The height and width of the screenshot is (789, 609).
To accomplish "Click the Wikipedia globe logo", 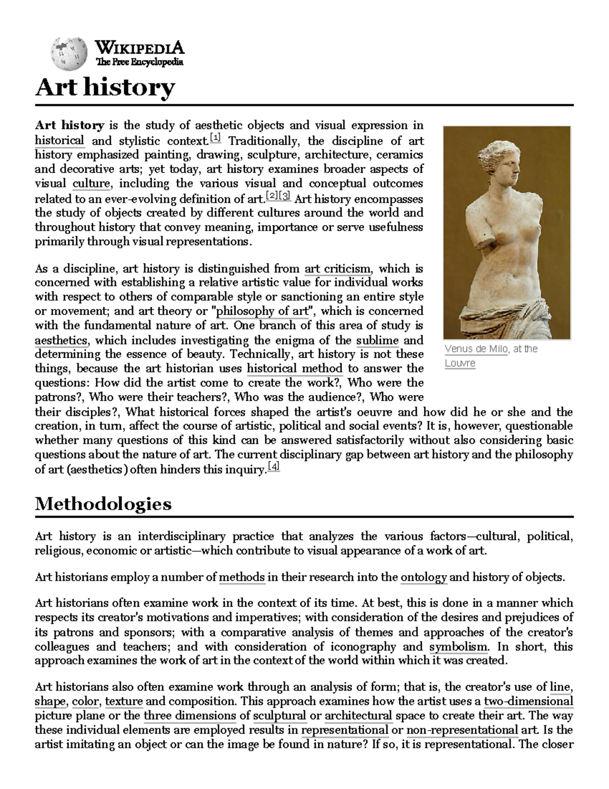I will (69, 53).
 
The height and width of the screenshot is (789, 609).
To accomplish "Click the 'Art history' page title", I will (105, 87).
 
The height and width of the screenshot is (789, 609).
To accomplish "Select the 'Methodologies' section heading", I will (103, 503).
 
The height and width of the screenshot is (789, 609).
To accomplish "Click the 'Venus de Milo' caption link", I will (476, 349).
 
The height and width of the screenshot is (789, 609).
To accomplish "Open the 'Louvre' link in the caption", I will (460, 363).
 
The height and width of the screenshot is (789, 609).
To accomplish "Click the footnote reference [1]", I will (215, 138).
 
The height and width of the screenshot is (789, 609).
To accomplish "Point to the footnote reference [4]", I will (274, 467).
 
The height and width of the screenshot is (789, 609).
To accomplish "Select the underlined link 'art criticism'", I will (337, 268).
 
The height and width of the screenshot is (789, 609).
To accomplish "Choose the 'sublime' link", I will (377, 340).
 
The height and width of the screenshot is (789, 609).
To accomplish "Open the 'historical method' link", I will (295, 368).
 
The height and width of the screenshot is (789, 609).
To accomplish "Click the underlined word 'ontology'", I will (424, 577).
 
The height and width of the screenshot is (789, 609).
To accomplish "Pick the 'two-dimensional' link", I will (529, 702).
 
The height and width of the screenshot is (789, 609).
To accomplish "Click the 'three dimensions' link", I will (190, 716).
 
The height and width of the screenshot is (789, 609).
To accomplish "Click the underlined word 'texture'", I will (124, 702).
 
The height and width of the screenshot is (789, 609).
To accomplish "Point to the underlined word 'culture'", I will (91, 183).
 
